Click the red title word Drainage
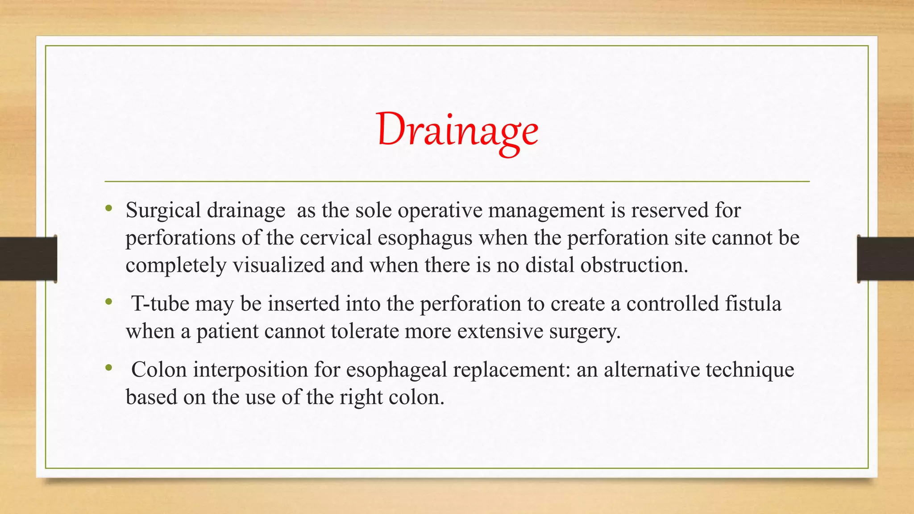457,130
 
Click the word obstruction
634,265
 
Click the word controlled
673,304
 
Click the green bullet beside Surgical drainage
108,208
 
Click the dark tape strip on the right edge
885,259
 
